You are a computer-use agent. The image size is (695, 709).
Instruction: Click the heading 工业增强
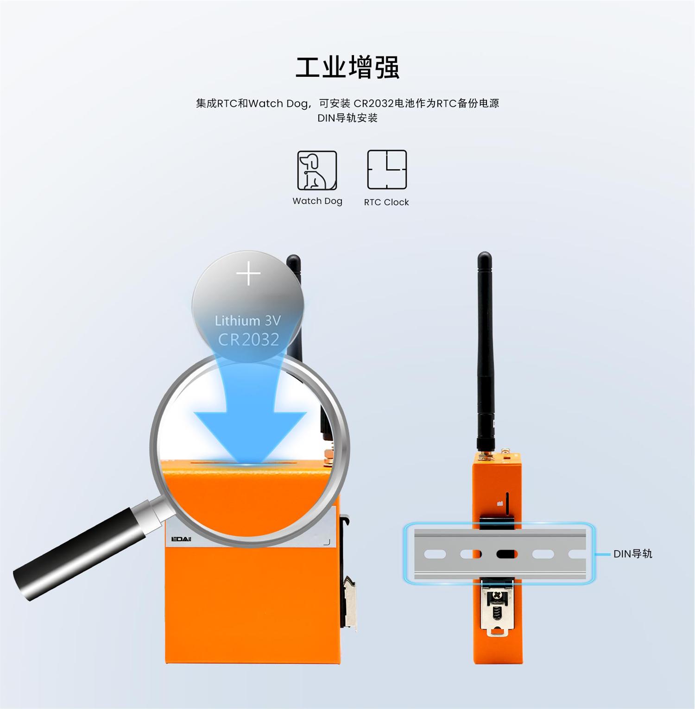(x=347, y=67)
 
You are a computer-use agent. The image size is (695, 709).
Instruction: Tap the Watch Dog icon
(x=317, y=170)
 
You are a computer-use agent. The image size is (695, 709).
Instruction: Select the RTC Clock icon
(x=387, y=169)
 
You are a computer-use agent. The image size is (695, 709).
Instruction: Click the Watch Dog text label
(x=317, y=201)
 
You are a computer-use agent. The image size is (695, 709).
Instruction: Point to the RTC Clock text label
(x=386, y=202)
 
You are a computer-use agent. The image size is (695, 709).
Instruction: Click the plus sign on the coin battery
(x=248, y=274)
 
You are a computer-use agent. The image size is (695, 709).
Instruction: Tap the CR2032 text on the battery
(x=249, y=339)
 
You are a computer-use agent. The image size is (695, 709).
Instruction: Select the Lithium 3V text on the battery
(x=248, y=320)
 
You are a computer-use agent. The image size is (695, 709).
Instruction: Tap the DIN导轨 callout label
(x=632, y=554)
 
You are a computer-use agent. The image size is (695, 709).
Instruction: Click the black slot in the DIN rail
(x=506, y=554)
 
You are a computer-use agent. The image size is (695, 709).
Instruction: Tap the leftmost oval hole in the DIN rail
(x=435, y=554)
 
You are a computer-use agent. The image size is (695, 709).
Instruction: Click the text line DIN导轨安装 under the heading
(x=347, y=118)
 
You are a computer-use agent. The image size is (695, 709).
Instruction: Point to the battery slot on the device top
(x=250, y=462)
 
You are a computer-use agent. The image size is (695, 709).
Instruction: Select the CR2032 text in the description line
(x=373, y=103)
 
